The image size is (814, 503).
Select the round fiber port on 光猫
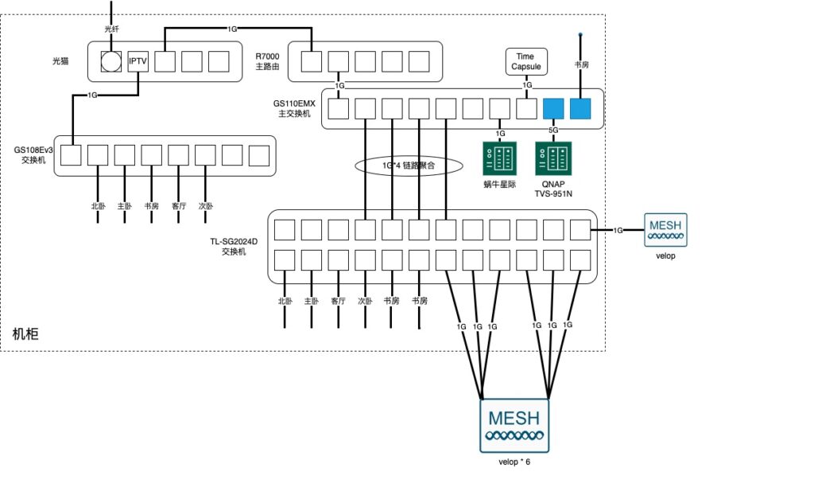[x=112, y=61]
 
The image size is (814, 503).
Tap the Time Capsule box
[x=525, y=61]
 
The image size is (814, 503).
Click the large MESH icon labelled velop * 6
[x=514, y=425]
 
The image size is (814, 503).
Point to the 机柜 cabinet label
[x=26, y=334]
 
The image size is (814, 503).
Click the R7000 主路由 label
[x=269, y=61]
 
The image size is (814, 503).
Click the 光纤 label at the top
[x=111, y=29]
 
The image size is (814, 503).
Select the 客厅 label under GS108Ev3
[x=179, y=206]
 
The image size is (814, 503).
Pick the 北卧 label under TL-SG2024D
[x=285, y=301]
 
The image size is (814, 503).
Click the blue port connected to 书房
[x=581, y=108]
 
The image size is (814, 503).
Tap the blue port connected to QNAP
[x=553, y=108]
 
